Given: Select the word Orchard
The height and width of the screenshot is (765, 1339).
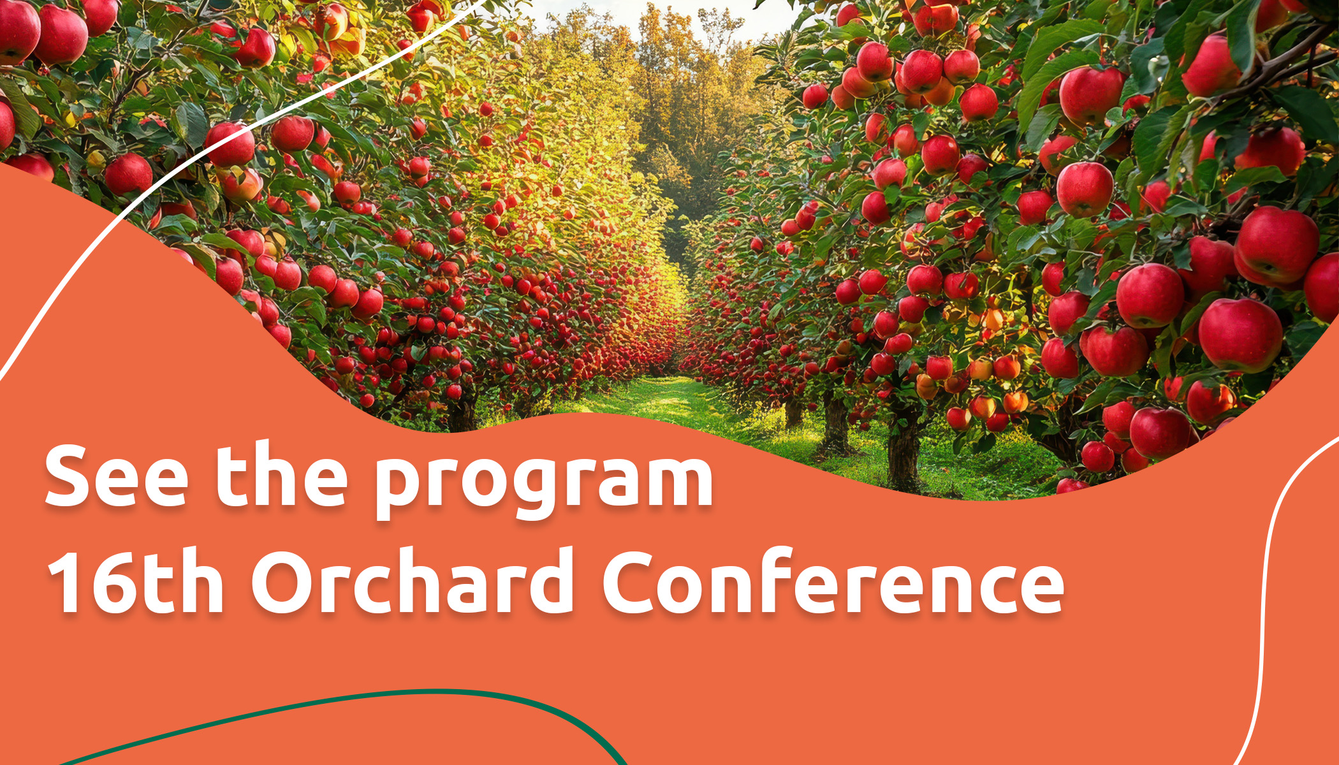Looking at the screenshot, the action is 413,580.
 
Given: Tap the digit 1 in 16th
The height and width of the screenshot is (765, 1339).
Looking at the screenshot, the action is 67,581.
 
